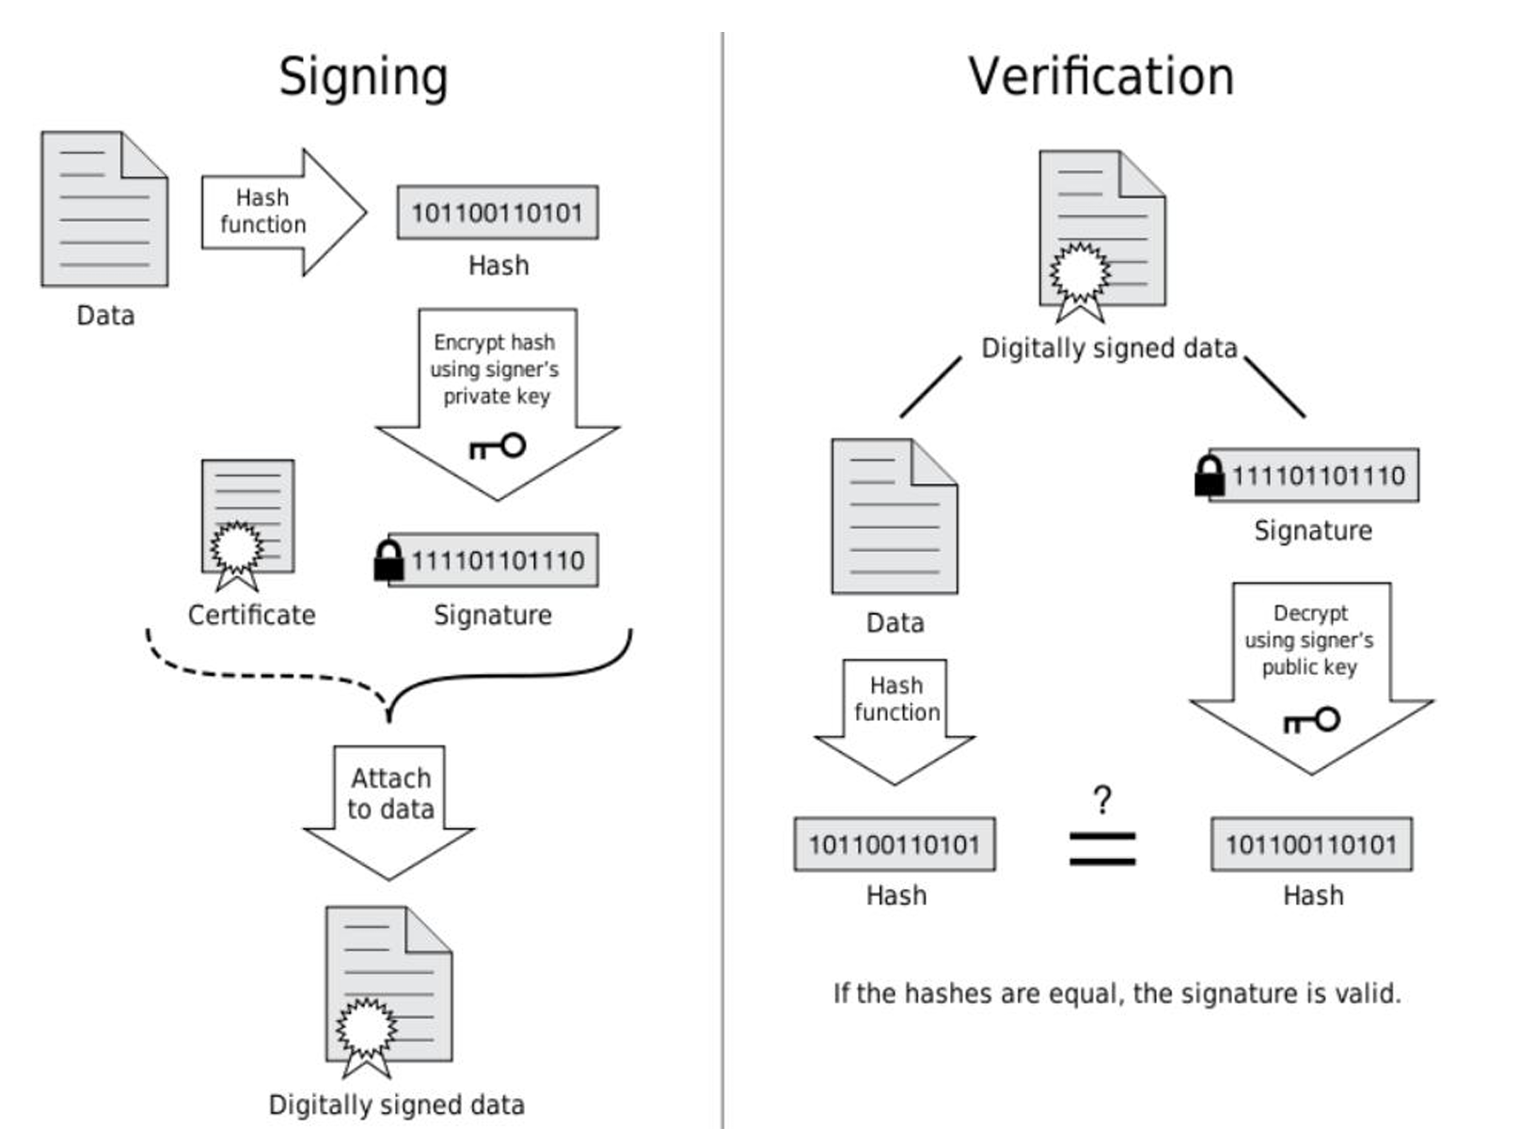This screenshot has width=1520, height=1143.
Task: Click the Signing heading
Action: pos(364,78)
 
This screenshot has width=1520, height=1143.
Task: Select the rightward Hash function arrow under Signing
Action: pos(283,211)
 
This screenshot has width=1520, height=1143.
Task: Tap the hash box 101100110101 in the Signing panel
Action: pos(498,212)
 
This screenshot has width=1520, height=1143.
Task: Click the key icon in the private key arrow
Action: pos(498,446)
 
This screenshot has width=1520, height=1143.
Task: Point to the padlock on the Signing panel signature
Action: pos(388,560)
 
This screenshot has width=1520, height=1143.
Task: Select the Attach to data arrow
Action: pos(389,812)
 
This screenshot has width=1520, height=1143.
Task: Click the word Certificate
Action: pos(251,615)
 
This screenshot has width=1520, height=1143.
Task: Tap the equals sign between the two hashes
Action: pos(1102,849)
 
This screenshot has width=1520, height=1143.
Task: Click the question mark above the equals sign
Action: pos(1102,800)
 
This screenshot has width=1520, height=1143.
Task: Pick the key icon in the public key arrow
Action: pos(1311,720)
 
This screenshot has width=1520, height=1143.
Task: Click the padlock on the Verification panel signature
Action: pos(1209,476)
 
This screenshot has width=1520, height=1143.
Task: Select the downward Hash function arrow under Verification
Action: pos(895,722)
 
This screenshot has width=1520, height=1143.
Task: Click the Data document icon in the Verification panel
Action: pos(895,516)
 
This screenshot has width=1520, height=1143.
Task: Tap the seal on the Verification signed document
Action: pos(1080,280)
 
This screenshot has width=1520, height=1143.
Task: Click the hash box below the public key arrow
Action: pos(1311,844)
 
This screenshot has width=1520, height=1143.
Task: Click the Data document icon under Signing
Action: pos(104,209)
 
